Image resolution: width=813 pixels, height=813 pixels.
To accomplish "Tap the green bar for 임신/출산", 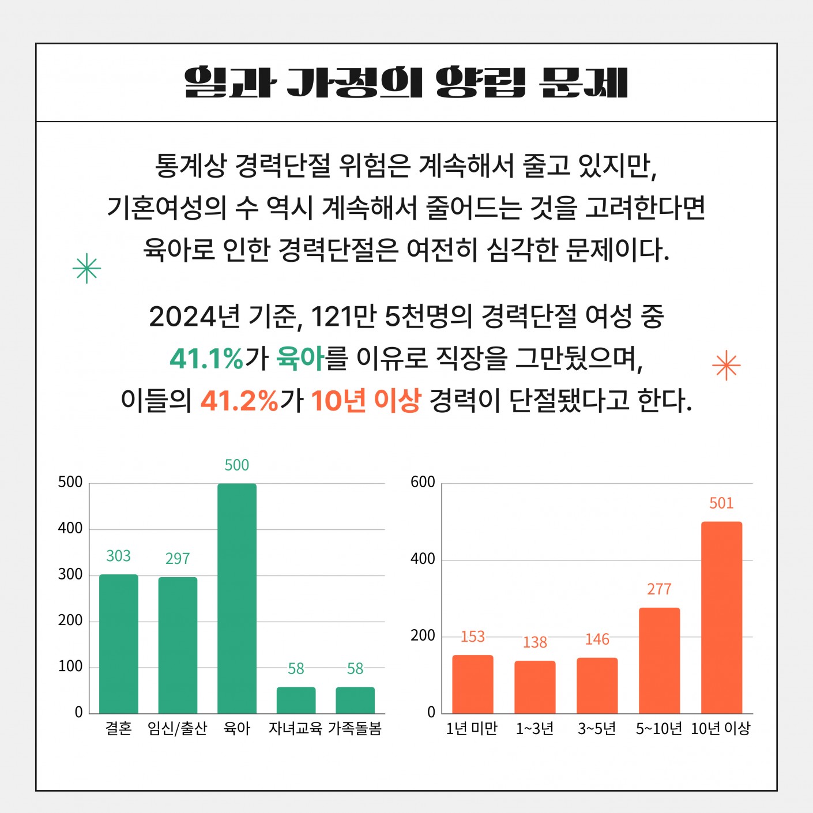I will tap(178, 645).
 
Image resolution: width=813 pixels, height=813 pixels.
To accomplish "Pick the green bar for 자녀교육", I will tap(296, 700).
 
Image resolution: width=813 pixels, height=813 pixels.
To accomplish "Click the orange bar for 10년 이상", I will tap(721, 618).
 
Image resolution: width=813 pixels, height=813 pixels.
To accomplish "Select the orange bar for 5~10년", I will tap(659, 660).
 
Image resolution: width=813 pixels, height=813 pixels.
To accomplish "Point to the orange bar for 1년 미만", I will tap(472, 684).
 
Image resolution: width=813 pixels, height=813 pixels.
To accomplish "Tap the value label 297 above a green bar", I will tap(178, 558).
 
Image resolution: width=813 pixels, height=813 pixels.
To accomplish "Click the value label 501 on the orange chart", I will tap(721, 503).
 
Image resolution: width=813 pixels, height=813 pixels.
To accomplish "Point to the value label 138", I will tap(535, 642).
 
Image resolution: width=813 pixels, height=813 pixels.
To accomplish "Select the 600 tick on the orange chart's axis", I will tap(423, 482).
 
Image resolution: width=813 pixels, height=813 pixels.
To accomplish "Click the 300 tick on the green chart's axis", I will tap(70, 574).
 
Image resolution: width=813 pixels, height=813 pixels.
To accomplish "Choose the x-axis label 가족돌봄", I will tap(355, 729).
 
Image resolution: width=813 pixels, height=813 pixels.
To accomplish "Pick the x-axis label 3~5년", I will tap(597, 729).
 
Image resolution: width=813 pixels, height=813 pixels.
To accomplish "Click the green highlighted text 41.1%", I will tap(206, 359).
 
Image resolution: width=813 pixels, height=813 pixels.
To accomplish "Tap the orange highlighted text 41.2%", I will tap(239, 400).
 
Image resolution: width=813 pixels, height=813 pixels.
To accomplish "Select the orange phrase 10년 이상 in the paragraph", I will tap(366, 400).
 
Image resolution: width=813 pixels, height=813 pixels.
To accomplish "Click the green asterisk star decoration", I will tap(87, 268).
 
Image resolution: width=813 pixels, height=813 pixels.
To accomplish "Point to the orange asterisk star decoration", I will tap(726, 366).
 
